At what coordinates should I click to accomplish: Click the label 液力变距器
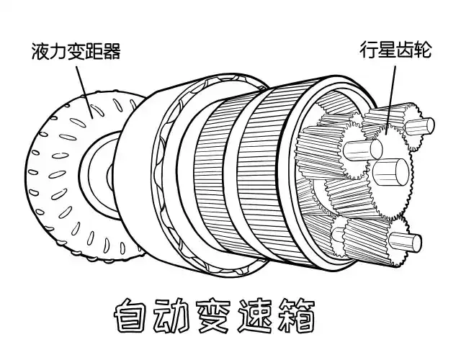click(x=76, y=52)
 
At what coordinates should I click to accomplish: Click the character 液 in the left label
click(x=40, y=52)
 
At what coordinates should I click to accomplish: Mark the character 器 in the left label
click(x=111, y=52)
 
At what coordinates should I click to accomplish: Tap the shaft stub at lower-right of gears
click(x=407, y=241)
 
